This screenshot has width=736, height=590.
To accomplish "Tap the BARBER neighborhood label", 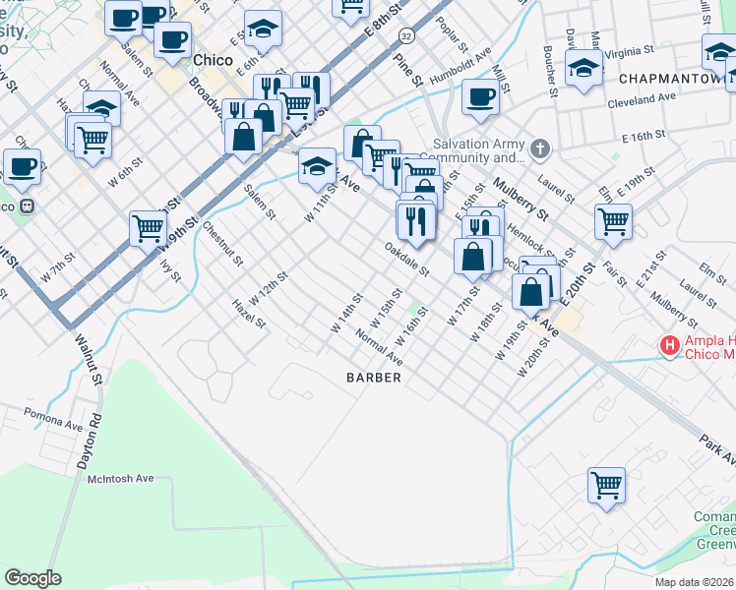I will (x=374, y=378).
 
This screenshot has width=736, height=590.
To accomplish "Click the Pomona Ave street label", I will (x=54, y=419).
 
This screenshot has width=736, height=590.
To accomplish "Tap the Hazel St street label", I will (x=249, y=314).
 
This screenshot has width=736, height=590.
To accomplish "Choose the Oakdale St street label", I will (x=407, y=259).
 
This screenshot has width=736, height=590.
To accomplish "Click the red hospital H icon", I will (x=670, y=346).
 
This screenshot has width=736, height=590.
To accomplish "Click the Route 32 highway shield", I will (x=406, y=35).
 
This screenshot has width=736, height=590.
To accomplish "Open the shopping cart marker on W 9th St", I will (x=148, y=228).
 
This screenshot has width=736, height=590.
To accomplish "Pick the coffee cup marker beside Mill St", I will (x=480, y=96).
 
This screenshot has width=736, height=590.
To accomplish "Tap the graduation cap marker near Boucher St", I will (x=584, y=68).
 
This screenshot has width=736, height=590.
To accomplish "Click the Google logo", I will (x=32, y=578).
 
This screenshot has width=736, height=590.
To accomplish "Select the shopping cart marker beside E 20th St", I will (x=613, y=220).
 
